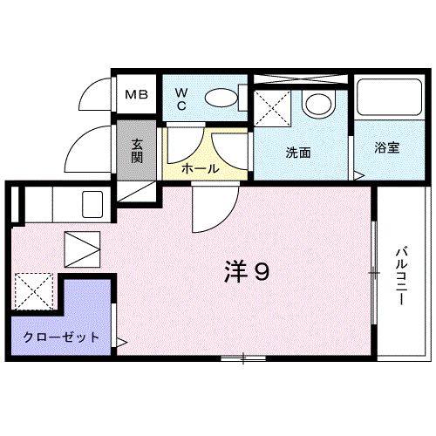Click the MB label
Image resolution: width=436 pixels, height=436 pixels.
point(136,94)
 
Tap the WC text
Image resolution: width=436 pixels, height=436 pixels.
point(181,99)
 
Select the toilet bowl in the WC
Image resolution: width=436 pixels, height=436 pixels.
point(221,98)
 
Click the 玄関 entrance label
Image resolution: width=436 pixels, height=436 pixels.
point(137,151)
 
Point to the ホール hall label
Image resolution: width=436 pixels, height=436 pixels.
point(201,168)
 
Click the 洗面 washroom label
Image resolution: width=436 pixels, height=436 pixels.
point(298,153)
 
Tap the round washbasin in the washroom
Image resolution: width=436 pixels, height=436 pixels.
point(318,104)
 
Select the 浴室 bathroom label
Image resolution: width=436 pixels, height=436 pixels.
point(387,147)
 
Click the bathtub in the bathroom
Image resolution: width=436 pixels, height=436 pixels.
point(390,98)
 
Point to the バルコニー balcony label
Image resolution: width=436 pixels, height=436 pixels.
point(402,276)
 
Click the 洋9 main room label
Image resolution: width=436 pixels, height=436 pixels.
point(247,272)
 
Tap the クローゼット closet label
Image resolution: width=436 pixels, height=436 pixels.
point(61,337)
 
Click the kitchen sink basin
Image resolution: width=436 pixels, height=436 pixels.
point(92,204)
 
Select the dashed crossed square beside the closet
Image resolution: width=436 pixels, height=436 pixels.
point(34,291)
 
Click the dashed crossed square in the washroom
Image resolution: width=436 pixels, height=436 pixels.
point(272,109)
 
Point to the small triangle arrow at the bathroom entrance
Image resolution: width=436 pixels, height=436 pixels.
point(359,176)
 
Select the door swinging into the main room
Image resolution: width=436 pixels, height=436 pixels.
point(215,208)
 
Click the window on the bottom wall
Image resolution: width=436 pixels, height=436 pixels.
point(243,358)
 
